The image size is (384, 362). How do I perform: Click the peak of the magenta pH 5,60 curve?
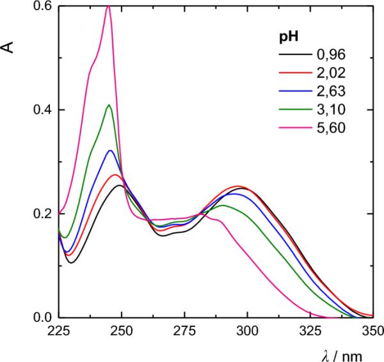tap(108, 6)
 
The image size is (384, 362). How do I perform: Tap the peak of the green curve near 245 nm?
tap(109, 105)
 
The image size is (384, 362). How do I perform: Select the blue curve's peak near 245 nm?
tap(111, 150)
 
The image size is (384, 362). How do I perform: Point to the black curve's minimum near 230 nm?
tap(71, 262)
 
